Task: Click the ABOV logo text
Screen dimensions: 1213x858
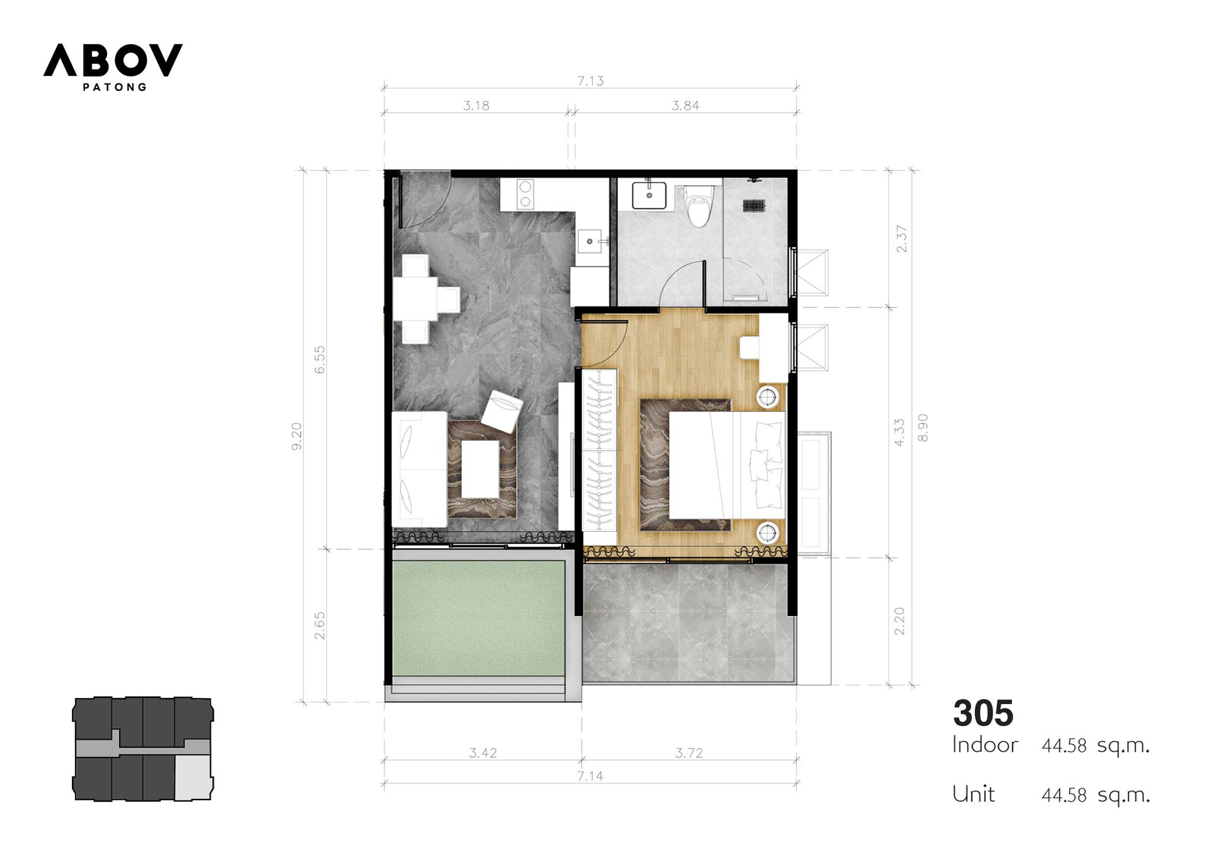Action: coord(113,60)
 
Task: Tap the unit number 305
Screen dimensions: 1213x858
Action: coord(983,713)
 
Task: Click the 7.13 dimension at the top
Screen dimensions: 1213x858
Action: coord(591,80)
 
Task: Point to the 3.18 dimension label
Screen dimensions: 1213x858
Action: coord(476,105)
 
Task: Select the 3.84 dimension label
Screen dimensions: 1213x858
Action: coord(685,105)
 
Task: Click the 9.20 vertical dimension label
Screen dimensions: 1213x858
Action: coord(296,436)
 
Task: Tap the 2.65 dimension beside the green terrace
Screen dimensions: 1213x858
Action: coord(320,625)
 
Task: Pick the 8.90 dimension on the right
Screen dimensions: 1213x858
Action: coord(923,428)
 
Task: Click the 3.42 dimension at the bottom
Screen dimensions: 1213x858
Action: coord(482,753)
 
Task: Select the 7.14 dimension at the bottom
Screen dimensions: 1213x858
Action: coord(590,776)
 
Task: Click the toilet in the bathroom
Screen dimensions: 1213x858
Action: coord(698,206)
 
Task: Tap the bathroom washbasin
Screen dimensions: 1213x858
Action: coord(649,196)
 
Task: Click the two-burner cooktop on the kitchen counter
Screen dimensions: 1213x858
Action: coord(525,194)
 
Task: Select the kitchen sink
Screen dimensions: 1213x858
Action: coord(589,241)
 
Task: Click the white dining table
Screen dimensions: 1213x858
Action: coord(416,299)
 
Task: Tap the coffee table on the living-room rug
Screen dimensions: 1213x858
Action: coord(480,469)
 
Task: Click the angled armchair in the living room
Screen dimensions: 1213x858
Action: coord(502,412)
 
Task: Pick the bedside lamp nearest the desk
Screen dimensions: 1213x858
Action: coord(767,398)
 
